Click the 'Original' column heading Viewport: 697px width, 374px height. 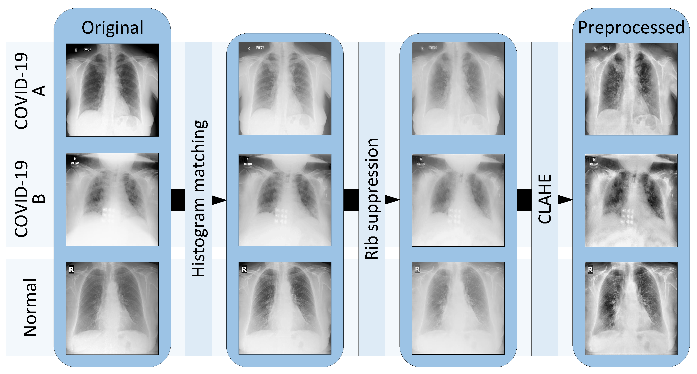click(112, 28)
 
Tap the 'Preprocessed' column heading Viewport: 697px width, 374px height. click(631, 28)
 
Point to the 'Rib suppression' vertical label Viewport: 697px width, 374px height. click(372, 199)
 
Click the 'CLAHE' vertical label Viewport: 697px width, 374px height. click(545, 199)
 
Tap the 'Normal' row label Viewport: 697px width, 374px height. click(30, 308)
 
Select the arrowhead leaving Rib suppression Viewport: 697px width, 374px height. click(392, 200)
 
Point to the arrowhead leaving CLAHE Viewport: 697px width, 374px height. click(565, 200)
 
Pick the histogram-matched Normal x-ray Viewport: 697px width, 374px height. click(285, 308)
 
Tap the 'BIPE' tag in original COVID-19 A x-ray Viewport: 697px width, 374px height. click(87, 49)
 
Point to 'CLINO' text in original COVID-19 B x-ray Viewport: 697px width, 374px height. click(75, 163)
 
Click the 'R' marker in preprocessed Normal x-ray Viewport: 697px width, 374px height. click(590, 270)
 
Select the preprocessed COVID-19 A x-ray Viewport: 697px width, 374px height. click(631, 89)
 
